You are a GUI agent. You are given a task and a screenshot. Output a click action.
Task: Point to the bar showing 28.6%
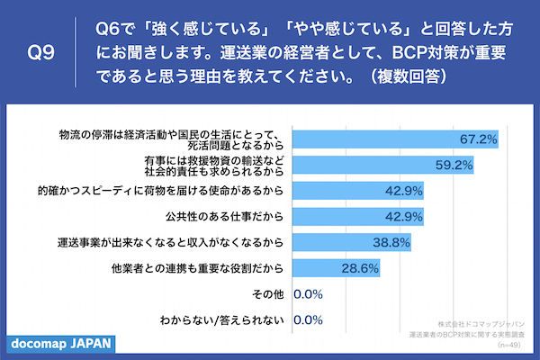click(x=324, y=268)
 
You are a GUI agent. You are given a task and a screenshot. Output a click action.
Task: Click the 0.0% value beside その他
click(x=309, y=293)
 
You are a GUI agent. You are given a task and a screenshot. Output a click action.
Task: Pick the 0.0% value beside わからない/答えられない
click(x=309, y=319)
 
